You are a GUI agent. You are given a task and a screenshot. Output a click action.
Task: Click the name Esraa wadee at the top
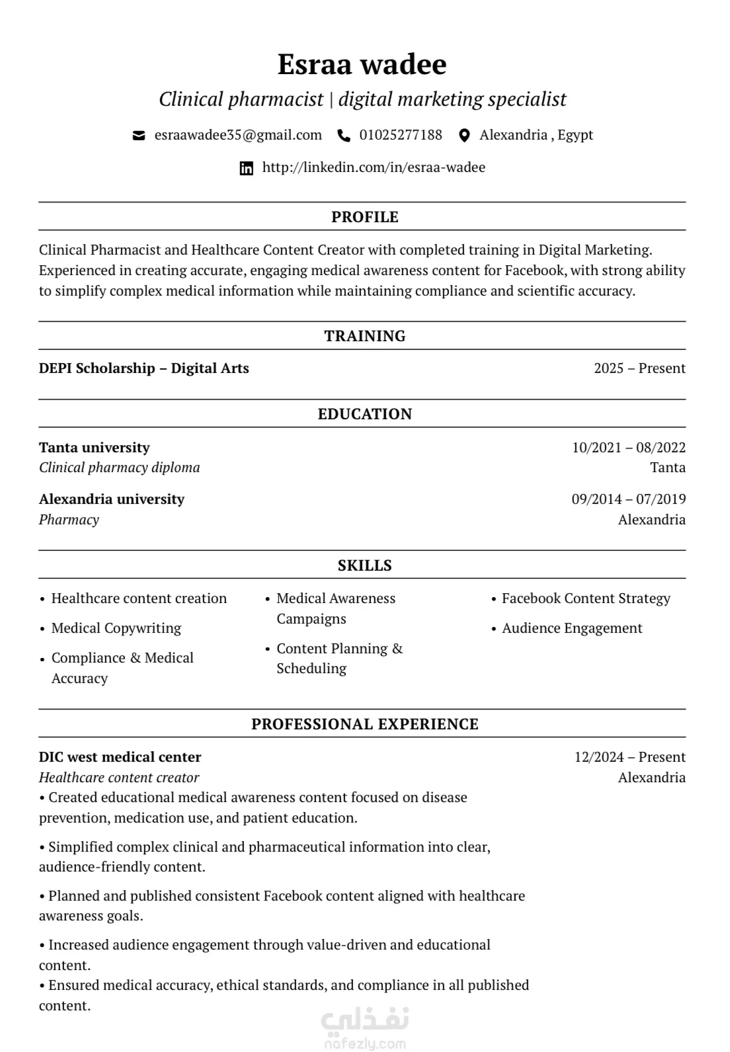click(x=362, y=64)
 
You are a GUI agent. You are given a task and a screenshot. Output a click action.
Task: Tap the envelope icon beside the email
click(x=139, y=136)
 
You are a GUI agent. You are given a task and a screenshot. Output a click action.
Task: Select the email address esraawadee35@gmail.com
click(x=238, y=135)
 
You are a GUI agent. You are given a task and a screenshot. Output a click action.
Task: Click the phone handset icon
click(x=344, y=136)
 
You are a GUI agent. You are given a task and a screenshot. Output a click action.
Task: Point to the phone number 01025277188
click(x=401, y=135)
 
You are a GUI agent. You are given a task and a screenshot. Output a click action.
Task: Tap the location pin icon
click(x=464, y=136)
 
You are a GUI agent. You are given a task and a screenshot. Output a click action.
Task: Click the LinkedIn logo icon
click(x=246, y=168)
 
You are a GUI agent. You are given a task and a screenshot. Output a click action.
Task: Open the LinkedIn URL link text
click(x=374, y=167)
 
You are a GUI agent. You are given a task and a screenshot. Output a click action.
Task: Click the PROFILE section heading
click(x=364, y=217)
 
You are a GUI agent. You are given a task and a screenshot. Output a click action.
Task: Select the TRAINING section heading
click(x=364, y=336)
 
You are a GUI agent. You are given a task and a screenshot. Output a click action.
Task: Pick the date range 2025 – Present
click(x=639, y=368)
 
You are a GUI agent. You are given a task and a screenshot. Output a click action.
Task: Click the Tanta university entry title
click(x=95, y=448)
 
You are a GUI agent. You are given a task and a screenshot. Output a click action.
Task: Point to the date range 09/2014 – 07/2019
click(x=628, y=499)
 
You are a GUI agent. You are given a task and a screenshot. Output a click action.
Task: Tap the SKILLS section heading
click(x=364, y=565)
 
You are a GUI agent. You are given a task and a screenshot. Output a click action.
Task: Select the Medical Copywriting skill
click(x=116, y=628)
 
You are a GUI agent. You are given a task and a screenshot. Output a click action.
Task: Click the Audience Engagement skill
click(x=572, y=628)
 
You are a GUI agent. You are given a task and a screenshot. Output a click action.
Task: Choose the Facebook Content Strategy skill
click(x=586, y=598)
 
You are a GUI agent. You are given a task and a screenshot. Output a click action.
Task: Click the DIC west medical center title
click(x=120, y=757)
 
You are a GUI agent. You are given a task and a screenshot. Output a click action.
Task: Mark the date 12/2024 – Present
click(x=629, y=757)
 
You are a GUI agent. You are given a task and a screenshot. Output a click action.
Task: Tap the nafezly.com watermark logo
click(x=365, y=1028)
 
